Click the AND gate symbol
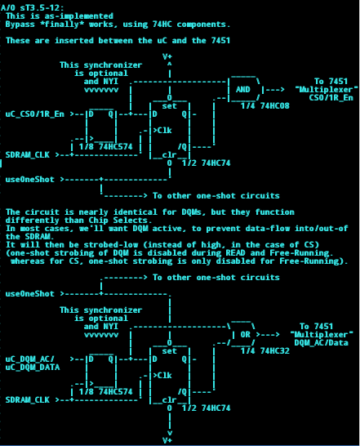(242, 89)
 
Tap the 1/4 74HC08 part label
(265, 106)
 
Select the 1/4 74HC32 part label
(265, 351)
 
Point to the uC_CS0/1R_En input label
(35, 114)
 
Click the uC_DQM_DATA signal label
(33, 368)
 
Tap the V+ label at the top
(167, 56)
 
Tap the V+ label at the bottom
(167, 440)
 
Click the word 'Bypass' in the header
(20, 25)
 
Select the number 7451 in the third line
(220, 40)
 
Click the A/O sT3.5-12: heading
(33, 7)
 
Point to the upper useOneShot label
(30, 180)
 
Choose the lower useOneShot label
(30, 294)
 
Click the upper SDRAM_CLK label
(28, 155)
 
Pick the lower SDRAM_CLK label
(28, 400)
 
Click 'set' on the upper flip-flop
(170, 106)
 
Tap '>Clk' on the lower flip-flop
(162, 376)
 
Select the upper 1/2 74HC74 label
(207, 163)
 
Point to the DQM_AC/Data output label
(321, 343)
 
